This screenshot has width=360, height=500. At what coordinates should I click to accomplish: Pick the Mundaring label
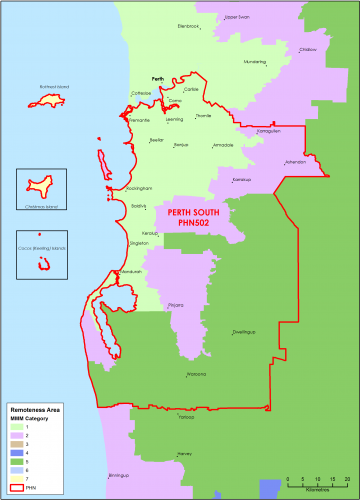254,62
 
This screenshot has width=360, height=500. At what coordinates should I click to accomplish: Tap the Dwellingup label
245,331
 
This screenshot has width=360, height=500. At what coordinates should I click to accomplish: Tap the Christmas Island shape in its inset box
41,186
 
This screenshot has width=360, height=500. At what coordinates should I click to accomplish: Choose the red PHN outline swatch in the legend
16,485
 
